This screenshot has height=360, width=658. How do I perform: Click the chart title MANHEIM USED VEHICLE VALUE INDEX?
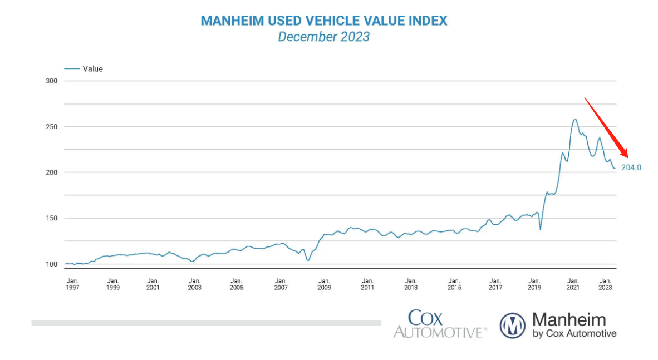pos(323,21)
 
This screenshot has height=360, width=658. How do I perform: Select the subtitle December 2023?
pos(323,37)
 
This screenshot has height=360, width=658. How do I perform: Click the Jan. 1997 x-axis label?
pos(72,284)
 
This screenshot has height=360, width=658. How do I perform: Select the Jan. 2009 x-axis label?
pos(324,284)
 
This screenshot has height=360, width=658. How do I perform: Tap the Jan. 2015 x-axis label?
pos(454,284)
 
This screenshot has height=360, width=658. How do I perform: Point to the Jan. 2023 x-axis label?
pos(606,284)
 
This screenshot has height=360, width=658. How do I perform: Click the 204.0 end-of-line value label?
pos(631,167)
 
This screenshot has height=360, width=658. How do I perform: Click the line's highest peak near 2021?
pos(574,119)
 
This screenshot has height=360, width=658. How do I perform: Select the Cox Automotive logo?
pos(440,324)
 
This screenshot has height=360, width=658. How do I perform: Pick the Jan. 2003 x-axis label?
pos(194,284)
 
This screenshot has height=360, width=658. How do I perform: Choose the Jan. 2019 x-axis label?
pos(534,284)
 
